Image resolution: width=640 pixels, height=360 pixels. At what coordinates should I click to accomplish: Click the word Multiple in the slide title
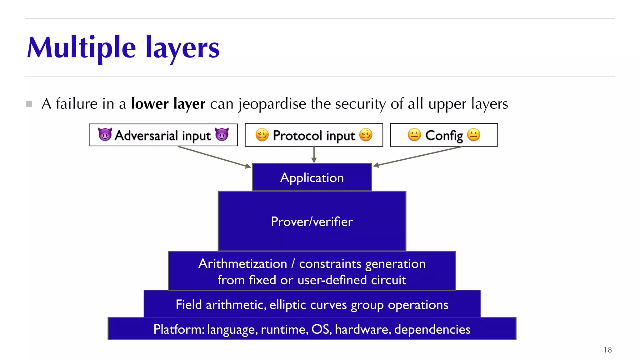tap(81, 47)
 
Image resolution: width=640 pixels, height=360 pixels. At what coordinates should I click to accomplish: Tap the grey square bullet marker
tap(29, 104)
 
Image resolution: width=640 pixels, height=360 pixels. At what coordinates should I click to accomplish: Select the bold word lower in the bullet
tap(150, 103)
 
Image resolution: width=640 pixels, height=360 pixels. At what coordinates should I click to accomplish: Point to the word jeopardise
tap(272, 104)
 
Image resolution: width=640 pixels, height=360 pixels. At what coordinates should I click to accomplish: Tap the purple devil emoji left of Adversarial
tap(105, 135)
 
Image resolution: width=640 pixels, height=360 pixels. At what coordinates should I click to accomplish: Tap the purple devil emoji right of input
tap(222, 135)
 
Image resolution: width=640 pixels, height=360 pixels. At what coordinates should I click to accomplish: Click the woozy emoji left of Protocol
tap(262, 135)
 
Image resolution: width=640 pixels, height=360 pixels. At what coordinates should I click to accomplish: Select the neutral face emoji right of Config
tap(473, 135)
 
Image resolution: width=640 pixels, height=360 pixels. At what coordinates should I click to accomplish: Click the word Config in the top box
tap(444, 135)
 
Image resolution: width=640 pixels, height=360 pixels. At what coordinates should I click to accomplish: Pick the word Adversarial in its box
tap(146, 135)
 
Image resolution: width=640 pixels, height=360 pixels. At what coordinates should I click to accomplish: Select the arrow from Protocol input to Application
tap(314, 154)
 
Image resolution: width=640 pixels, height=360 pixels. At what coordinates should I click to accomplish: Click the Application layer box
tap(312, 177)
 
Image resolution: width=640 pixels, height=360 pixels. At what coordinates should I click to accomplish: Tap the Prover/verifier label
tap(312, 222)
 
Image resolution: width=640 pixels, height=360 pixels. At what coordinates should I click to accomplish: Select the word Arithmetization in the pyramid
tap(242, 264)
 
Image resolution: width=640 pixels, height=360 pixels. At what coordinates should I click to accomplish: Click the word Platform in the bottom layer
tap(178, 329)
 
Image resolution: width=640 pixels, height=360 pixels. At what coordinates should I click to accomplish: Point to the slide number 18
tap(607, 350)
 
